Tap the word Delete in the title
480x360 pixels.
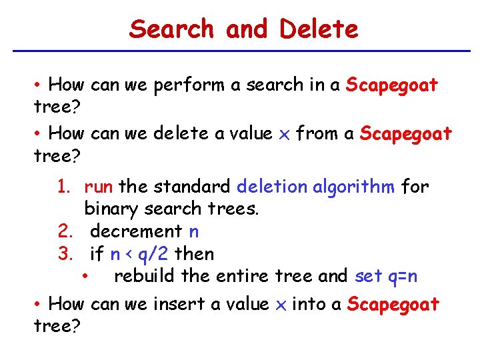point(319,29)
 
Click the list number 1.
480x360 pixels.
point(63,187)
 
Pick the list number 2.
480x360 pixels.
point(64,231)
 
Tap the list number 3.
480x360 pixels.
point(64,254)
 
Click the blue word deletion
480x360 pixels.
point(273,187)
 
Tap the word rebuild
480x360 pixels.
point(145,276)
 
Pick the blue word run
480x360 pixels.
point(99,187)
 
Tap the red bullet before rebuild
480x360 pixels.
point(85,276)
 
